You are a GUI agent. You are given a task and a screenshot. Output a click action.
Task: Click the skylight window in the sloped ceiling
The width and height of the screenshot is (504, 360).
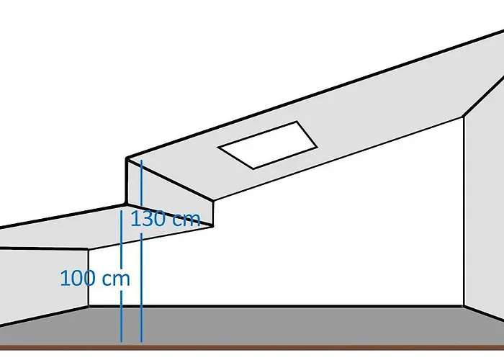coord(268,145)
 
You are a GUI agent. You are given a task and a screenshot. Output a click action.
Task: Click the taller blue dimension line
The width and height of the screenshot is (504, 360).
coord(141,288)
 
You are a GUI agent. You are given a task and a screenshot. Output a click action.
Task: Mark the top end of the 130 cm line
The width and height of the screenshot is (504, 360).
coord(141,161)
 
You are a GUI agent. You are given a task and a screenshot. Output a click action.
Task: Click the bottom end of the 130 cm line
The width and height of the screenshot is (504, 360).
coord(141,341)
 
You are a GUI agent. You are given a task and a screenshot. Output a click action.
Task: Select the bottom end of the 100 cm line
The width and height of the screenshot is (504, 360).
coord(121,341)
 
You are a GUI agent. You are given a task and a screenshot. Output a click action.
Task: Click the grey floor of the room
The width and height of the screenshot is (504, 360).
coord(288,324)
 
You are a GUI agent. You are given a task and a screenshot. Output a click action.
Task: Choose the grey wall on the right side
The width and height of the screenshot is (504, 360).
coord(482,216)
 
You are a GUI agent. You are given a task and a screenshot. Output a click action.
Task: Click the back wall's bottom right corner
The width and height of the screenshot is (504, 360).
coord(462,306)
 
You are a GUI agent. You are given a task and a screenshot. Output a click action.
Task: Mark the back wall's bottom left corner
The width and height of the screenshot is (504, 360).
coord(89,306)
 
